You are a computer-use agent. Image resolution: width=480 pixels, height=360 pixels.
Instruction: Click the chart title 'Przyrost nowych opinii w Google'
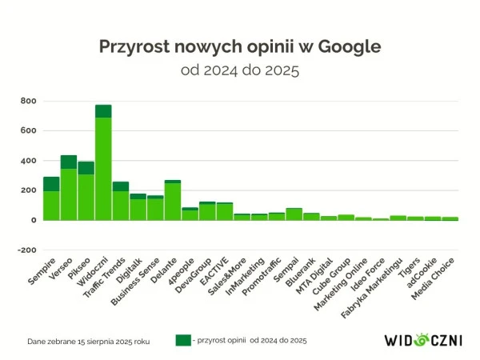(240, 46)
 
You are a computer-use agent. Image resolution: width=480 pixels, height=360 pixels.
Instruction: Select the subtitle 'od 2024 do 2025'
(240, 70)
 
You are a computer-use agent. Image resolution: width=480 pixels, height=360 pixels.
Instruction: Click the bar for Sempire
(51, 200)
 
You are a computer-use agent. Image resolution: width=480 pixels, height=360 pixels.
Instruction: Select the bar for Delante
(173, 201)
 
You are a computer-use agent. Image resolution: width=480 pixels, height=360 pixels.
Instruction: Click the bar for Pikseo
(86, 192)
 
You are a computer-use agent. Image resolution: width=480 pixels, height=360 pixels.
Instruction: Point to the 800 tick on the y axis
(30, 101)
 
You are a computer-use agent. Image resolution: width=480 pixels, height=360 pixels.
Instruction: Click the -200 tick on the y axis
(27, 250)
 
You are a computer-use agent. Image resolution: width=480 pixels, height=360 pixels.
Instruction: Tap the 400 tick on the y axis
(30, 161)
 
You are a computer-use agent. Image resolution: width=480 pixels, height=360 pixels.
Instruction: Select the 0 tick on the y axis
(34, 220)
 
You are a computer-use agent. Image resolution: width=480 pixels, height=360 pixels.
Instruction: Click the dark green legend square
(183, 340)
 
